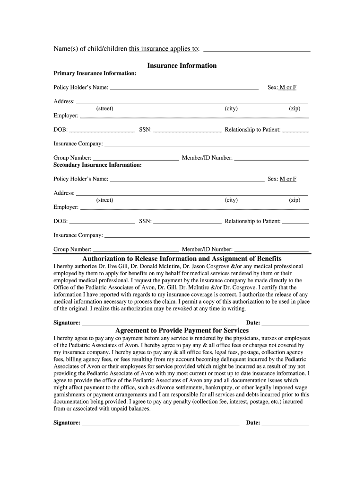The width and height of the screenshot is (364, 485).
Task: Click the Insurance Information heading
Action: pos(182,66)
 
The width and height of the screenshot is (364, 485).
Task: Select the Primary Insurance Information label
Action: pos(95,74)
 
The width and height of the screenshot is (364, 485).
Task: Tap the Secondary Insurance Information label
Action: pos(97,165)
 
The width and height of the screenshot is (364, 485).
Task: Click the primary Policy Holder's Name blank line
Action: pos(184,88)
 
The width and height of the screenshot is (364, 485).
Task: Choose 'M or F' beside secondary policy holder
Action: pos(288,179)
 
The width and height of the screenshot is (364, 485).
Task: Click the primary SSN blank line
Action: pos(187,130)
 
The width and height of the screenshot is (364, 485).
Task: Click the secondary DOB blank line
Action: pos(102,222)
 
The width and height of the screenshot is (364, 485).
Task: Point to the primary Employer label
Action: pos(66,116)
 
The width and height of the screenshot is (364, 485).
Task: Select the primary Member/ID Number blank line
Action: pos(271,159)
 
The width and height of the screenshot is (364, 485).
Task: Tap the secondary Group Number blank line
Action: pos(136,250)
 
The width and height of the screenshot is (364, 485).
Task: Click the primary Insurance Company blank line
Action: pos(207,144)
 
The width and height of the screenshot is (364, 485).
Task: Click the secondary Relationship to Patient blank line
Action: pos(295,222)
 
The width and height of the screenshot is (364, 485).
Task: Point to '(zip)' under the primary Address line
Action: pos(295,108)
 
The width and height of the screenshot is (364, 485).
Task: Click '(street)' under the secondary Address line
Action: pos(104,200)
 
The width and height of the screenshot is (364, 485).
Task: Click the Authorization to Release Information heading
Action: pos(182,259)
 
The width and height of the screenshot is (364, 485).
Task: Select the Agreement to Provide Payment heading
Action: pos(182,330)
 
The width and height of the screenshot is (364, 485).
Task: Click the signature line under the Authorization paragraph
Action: pos(159,323)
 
